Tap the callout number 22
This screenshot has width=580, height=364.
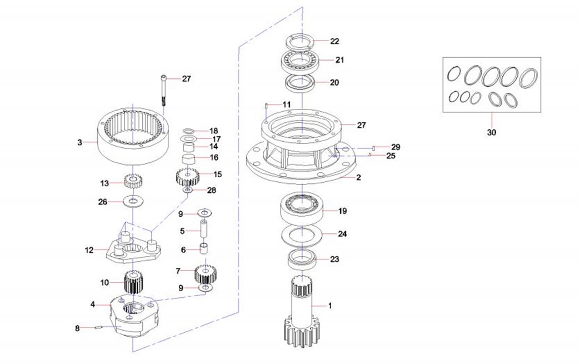(334, 41)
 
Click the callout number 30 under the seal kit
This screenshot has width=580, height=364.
(492, 132)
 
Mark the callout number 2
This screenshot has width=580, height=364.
(359, 178)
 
